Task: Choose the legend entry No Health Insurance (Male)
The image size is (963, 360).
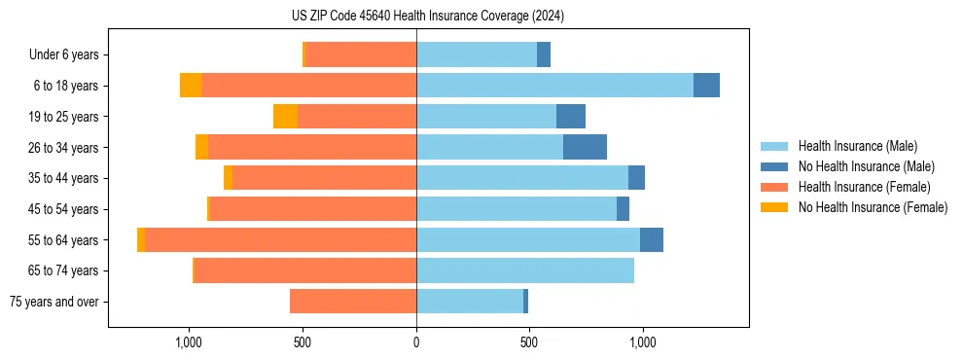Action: (x=866, y=166)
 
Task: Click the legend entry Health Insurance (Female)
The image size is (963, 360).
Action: (x=864, y=187)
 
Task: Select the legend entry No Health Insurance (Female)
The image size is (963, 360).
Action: (x=872, y=207)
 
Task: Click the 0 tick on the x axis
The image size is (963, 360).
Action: (x=416, y=342)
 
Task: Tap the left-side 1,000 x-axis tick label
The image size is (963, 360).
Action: (x=188, y=342)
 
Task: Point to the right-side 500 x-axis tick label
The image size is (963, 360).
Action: (x=529, y=342)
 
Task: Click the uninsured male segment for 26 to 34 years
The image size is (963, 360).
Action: (x=585, y=147)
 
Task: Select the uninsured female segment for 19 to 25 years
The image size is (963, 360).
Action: (x=285, y=117)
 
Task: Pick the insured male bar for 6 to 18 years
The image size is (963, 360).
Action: (x=554, y=86)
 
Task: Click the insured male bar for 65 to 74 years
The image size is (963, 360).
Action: (x=525, y=270)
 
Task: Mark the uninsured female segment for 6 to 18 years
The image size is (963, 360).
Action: (x=191, y=86)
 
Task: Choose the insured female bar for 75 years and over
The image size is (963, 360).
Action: (x=353, y=302)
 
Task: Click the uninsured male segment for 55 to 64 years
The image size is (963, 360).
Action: (x=652, y=240)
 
